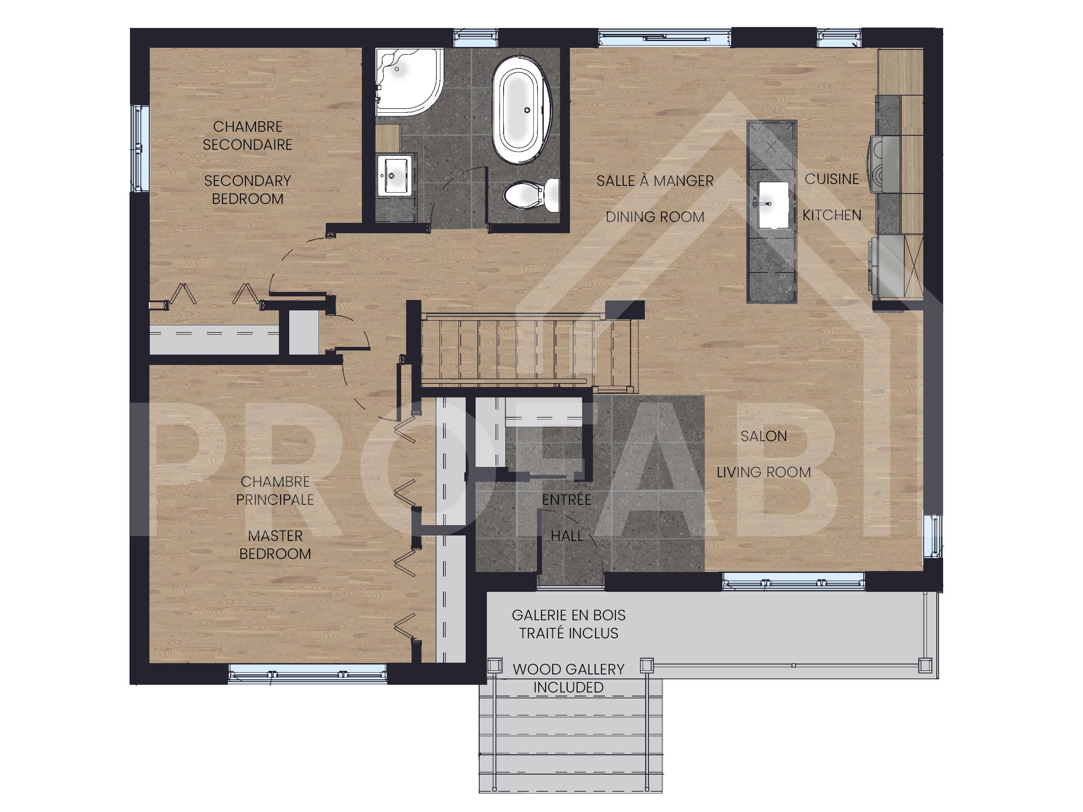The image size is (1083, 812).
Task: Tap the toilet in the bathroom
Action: click(531, 195)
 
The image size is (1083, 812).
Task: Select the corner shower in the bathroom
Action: click(409, 81)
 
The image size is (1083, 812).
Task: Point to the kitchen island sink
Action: click(773, 205)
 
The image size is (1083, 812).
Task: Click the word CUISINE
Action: click(832, 179)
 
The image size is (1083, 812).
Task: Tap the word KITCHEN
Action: click(832, 215)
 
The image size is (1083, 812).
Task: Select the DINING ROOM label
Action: click(655, 217)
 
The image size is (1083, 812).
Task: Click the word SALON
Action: click(764, 436)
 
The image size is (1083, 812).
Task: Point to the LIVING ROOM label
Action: click(764, 472)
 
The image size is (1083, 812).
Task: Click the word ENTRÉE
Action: click(567, 499)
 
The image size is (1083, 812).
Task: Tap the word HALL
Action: click(567, 536)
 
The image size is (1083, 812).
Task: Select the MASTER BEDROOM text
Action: click(275, 545)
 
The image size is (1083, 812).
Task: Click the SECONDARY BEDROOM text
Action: click(248, 190)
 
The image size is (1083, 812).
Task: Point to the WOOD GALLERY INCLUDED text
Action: click(569, 678)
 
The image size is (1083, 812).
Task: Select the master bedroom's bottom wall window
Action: click(307, 674)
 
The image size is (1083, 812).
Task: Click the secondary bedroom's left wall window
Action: click(139, 148)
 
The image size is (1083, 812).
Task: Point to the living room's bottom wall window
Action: click(794, 581)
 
